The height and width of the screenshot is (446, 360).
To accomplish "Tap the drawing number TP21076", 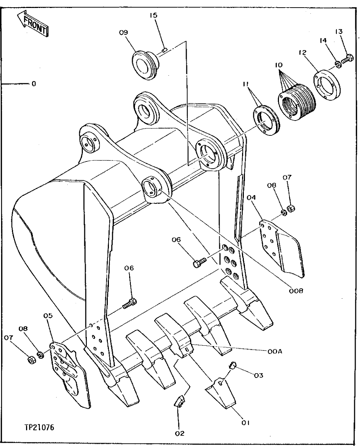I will click(x=40, y=428).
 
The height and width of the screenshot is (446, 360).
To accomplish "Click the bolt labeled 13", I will click(x=349, y=57).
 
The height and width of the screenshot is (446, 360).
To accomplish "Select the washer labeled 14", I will click(x=337, y=64).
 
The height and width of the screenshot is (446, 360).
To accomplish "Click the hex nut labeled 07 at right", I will click(x=290, y=209).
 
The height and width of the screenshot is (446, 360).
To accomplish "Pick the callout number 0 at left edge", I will click(x=34, y=84).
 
